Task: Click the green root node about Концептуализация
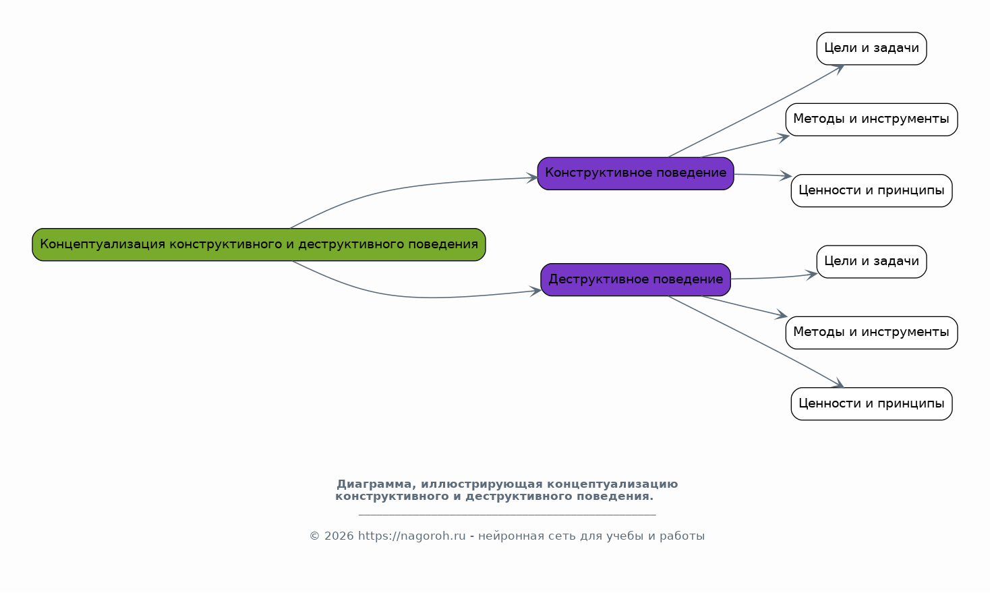pyautogui.click(x=259, y=244)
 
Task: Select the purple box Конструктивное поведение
pyautogui.click(x=635, y=173)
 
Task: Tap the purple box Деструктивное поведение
pyautogui.click(x=635, y=279)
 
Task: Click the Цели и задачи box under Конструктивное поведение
pyautogui.click(x=871, y=49)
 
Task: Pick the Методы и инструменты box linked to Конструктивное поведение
pyautogui.click(x=871, y=119)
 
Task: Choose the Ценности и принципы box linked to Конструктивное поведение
pyautogui.click(x=871, y=191)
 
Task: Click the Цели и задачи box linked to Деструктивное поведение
pyautogui.click(x=871, y=262)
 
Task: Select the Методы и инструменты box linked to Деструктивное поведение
pyautogui.click(x=871, y=333)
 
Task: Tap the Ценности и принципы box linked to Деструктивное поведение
pyautogui.click(x=871, y=403)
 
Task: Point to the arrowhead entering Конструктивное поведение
pyautogui.click(x=533, y=178)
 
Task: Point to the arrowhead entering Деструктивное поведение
pyautogui.click(x=535, y=291)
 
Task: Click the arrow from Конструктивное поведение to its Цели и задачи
pyautogui.click(x=756, y=111)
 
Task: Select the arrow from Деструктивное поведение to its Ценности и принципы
pyautogui.click(x=756, y=342)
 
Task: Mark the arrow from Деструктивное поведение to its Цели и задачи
pyautogui.click(x=774, y=277)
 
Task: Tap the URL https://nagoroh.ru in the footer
pyautogui.click(x=411, y=536)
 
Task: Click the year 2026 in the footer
pyautogui.click(x=339, y=536)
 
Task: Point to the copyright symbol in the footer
pyautogui.click(x=315, y=536)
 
